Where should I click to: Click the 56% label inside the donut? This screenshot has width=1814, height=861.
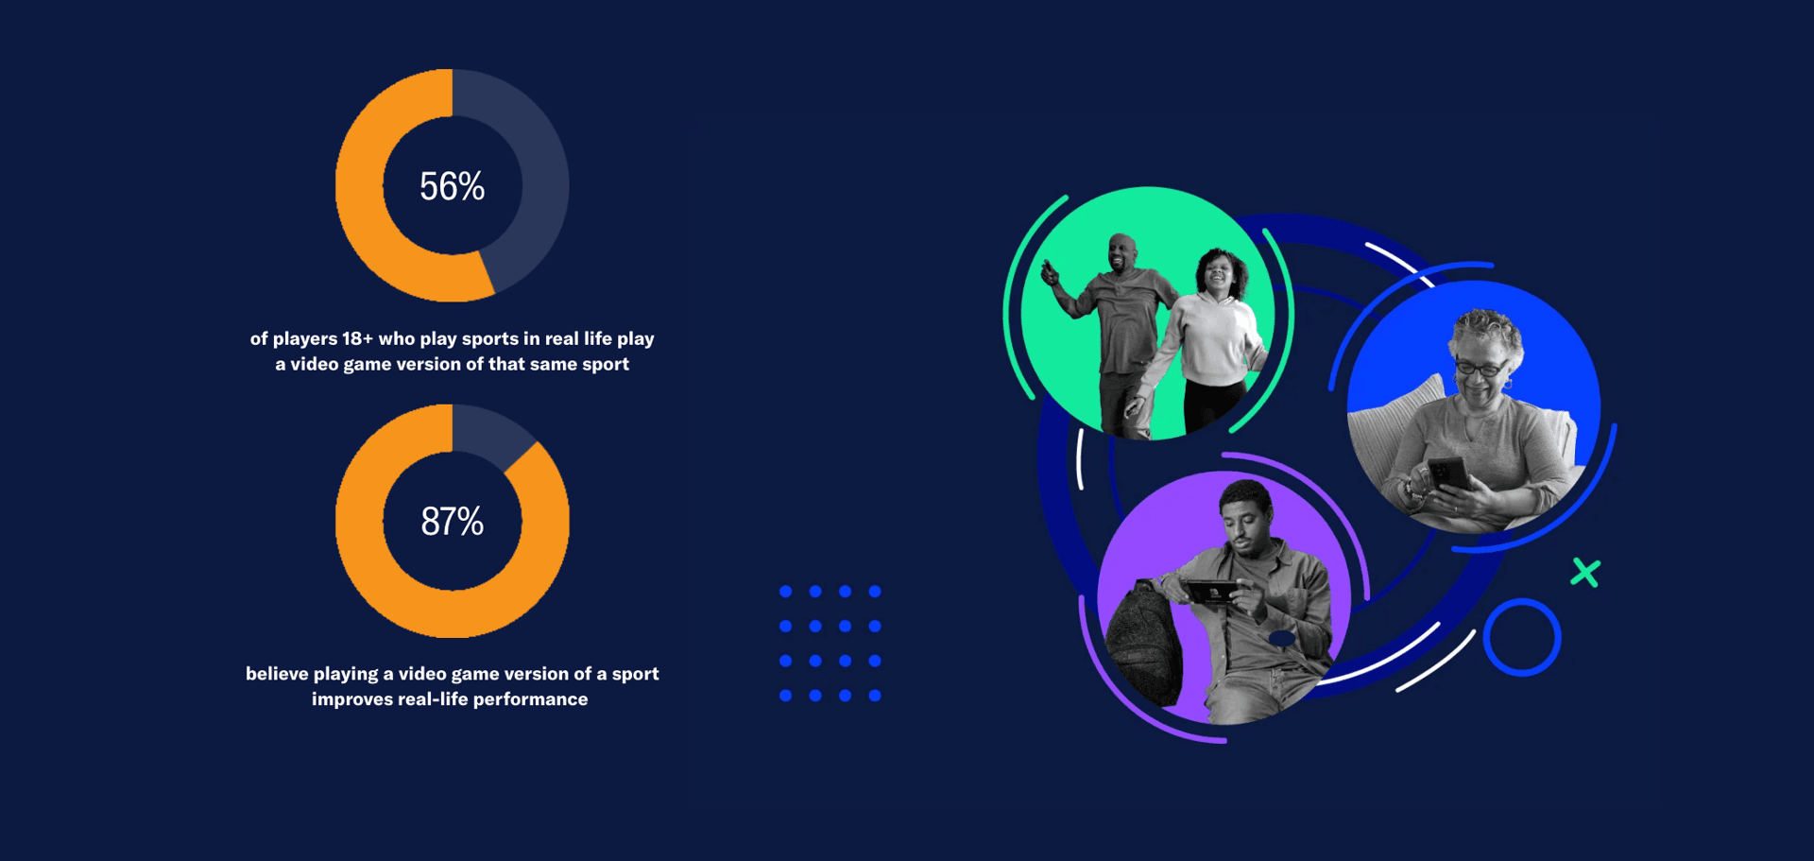tap(452, 186)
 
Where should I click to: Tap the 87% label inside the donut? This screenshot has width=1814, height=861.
tap(452, 522)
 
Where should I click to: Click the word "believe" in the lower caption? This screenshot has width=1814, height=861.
tap(277, 674)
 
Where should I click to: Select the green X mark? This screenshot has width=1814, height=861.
tap(1585, 573)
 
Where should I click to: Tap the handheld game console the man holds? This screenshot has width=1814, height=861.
tap(1212, 592)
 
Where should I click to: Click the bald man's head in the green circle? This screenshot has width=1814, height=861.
tap(1121, 251)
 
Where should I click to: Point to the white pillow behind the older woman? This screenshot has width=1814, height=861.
tap(1398, 406)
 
